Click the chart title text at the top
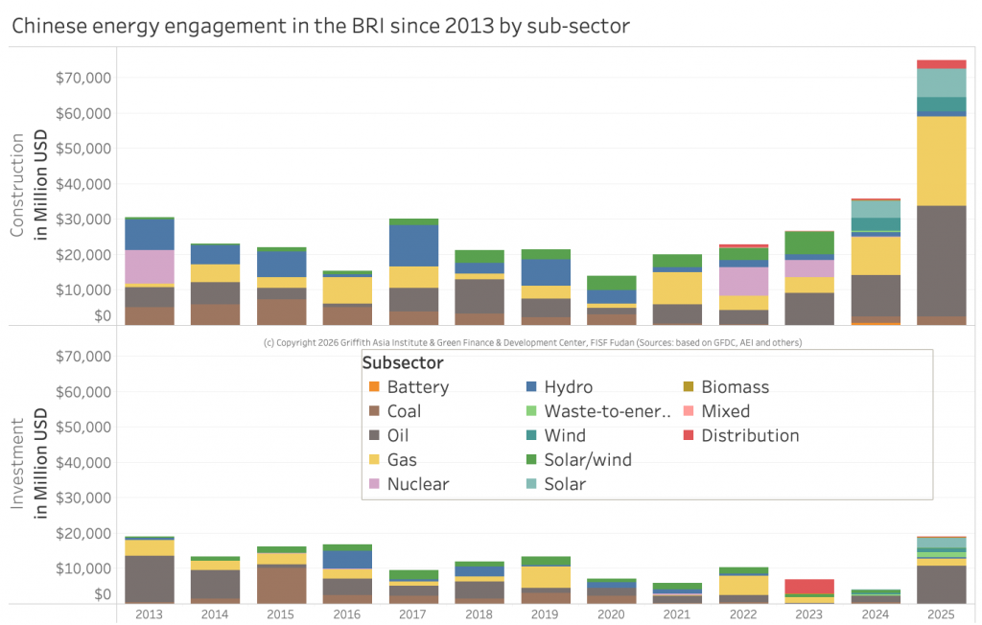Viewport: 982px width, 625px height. (320, 26)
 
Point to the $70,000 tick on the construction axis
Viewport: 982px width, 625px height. (84, 78)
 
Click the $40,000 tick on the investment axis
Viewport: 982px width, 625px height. (84, 463)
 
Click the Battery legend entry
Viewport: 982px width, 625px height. (417, 388)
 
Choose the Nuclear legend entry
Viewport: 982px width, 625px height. (417, 484)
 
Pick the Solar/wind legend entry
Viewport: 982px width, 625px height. (587, 460)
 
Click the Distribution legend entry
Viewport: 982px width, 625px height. (749, 436)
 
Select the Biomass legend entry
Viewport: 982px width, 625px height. (735, 388)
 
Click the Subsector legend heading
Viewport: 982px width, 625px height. (403, 363)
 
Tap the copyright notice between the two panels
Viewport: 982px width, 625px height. (532, 342)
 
